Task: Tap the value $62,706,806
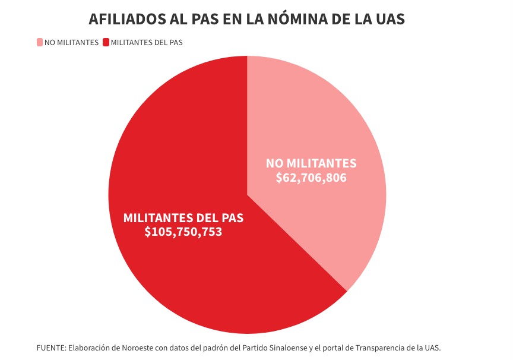click(311, 178)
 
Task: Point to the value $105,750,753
click(183, 232)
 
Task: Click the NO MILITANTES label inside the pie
click(311, 163)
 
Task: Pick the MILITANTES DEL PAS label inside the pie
click(183, 217)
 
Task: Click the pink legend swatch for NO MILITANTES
click(40, 42)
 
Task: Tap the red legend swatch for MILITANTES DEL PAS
click(106, 42)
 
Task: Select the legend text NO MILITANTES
click(71, 42)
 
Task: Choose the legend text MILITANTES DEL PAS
click(147, 42)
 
